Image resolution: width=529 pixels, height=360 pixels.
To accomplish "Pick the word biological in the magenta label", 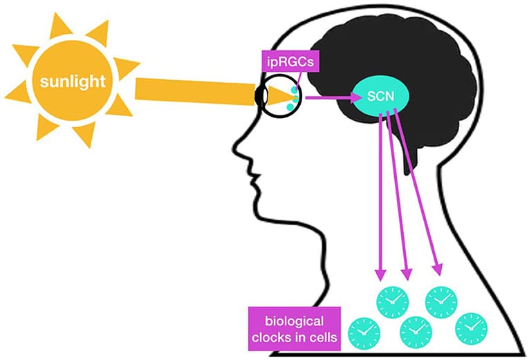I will click(294, 322).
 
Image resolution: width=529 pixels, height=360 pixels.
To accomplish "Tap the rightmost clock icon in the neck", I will click(471, 327).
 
